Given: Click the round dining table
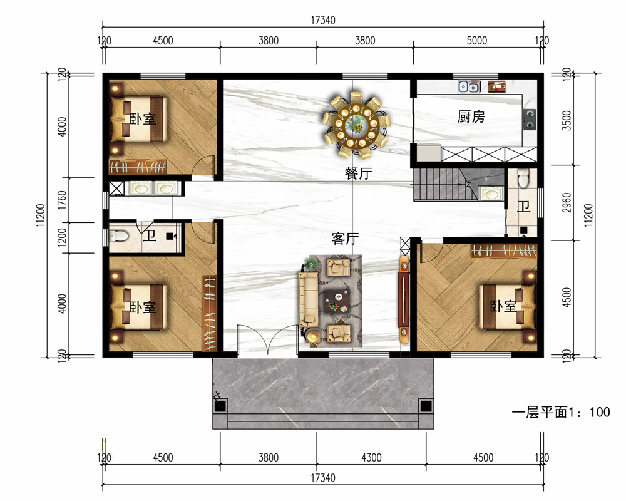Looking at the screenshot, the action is (356, 124).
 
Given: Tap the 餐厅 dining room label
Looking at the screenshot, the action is (359, 173).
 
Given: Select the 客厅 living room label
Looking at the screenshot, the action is (346, 239).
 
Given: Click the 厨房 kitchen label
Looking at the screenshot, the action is (471, 116).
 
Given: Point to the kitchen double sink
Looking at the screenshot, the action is (469, 86).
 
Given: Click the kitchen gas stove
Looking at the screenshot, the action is (530, 120).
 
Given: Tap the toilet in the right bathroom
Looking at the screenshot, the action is (523, 178).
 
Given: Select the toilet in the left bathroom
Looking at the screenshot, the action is (118, 236).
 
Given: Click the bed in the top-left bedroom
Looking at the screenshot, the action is (138, 119).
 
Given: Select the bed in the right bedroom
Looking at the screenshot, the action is (507, 306).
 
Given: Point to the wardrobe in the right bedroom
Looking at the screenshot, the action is (504, 251).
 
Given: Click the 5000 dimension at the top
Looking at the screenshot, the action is (476, 41).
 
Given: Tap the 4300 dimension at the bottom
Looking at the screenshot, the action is (371, 457).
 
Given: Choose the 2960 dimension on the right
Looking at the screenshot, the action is (567, 202).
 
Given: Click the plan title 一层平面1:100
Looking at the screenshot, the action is (561, 412).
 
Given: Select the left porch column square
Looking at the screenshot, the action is (220, 406).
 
